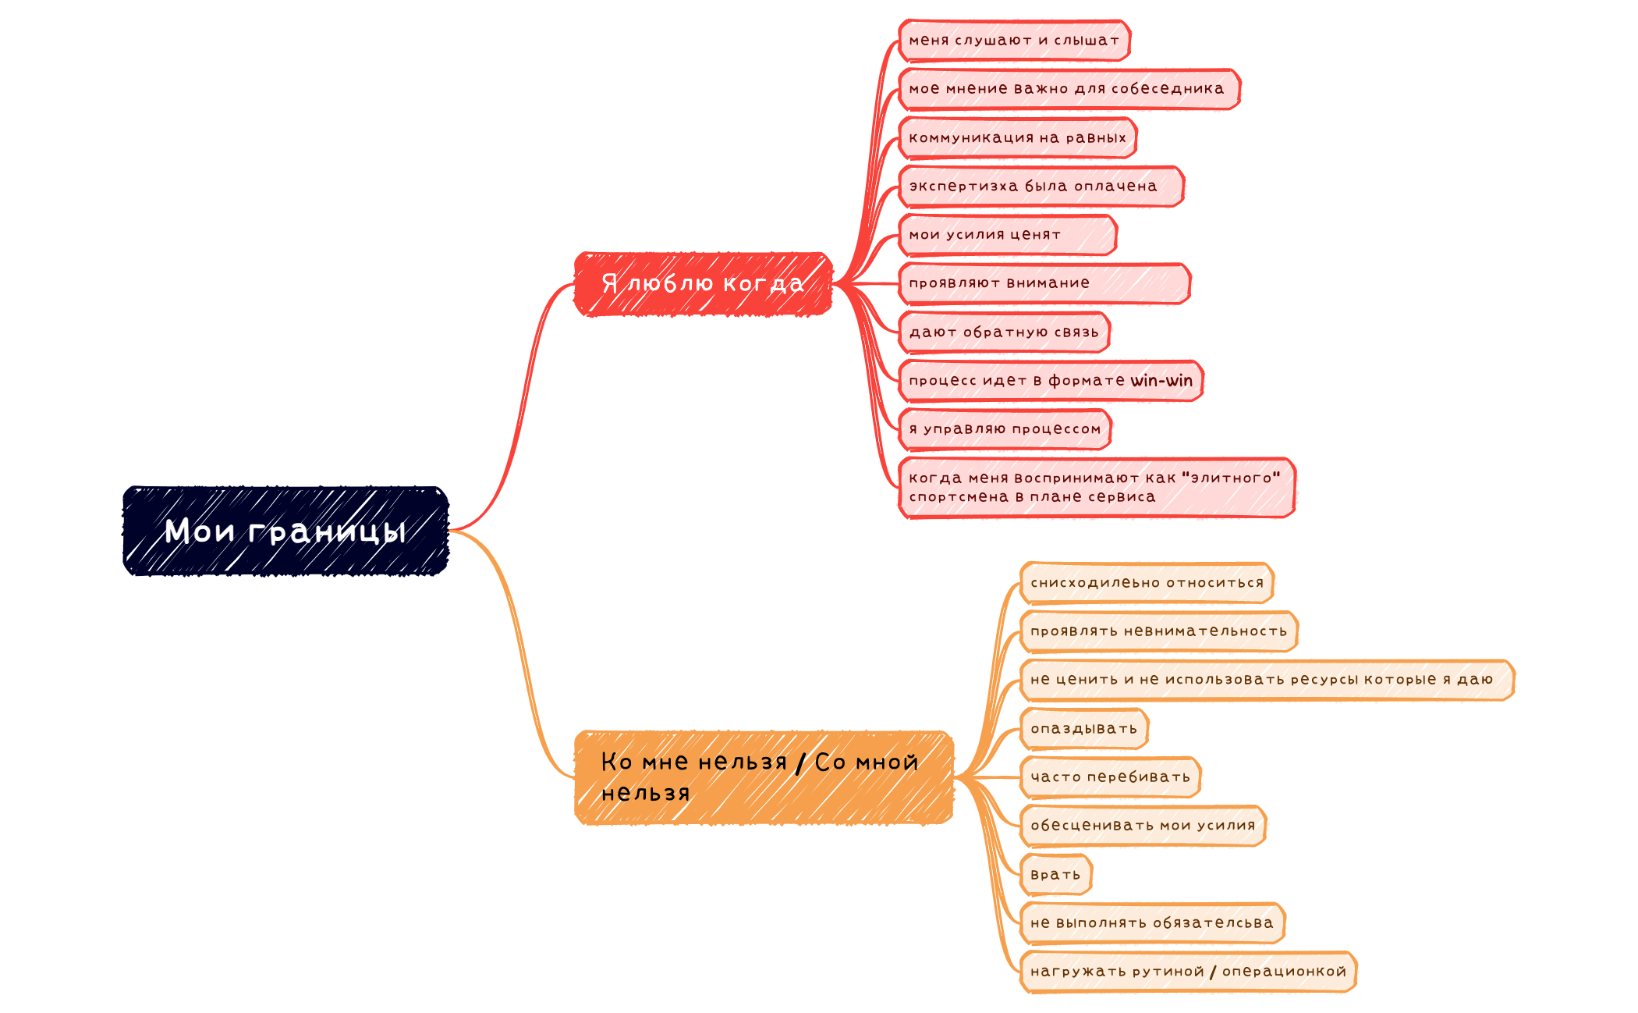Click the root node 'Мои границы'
(x=285, y=531)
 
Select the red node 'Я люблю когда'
(x=703, y=283)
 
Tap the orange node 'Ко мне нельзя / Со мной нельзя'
(x=764, y=777)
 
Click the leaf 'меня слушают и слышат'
(x=1014, y=41)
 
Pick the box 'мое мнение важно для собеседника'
(x=1068, y=89)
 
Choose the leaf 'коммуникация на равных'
(x=1017, y=138)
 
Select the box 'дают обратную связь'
(x=1004, y=332)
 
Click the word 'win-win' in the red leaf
(x=1161, y=381)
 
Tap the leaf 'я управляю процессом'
(x=1005, y=429)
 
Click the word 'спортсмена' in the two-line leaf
(x=958, y=497)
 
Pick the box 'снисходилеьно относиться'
(x=1147, y=583)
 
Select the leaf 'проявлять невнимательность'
(x=1158, y=631)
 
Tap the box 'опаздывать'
(x=1083, y=729)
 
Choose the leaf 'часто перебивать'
(x=1110, y=777)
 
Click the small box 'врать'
(x=1055, y=875)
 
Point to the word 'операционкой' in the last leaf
(x=1284, y=972)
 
